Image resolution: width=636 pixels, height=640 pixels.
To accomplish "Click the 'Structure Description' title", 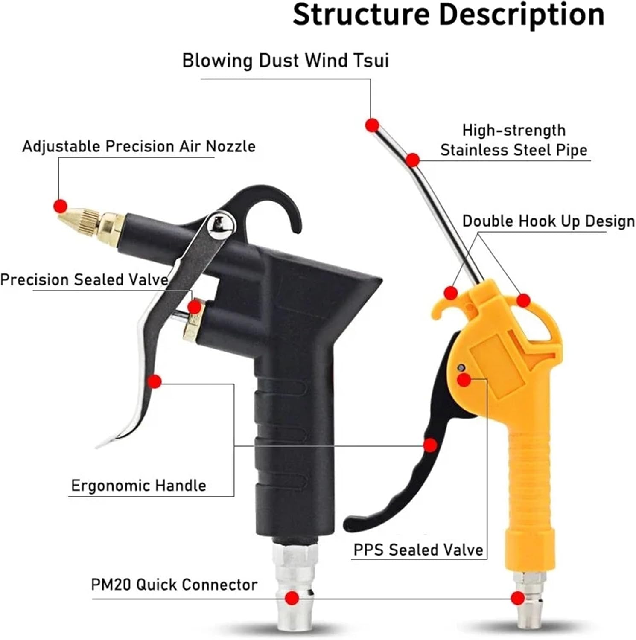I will coord(448,15).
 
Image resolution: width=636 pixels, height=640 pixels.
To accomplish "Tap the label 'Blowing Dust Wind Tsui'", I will coord(285,61).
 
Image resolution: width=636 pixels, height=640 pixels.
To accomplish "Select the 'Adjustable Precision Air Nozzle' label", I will coord(139,146).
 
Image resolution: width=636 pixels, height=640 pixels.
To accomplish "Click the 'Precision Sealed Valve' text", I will coord(84,280).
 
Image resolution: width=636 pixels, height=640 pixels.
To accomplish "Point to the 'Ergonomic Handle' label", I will coord(138,486).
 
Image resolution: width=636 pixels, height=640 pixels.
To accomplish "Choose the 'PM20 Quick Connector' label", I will coord(174,585).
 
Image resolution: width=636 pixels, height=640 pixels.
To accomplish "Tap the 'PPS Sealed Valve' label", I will coord(418,550).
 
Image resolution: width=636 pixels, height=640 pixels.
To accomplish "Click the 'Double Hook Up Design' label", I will coord(548,221).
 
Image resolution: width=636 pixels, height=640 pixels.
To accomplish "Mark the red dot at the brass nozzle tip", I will coord(61,206).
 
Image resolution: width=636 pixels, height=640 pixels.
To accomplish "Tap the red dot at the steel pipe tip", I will coord(372,125).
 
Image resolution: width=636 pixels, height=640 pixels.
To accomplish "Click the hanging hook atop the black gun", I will coord(273,201).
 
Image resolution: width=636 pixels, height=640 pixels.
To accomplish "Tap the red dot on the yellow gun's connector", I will coord(518,598).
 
